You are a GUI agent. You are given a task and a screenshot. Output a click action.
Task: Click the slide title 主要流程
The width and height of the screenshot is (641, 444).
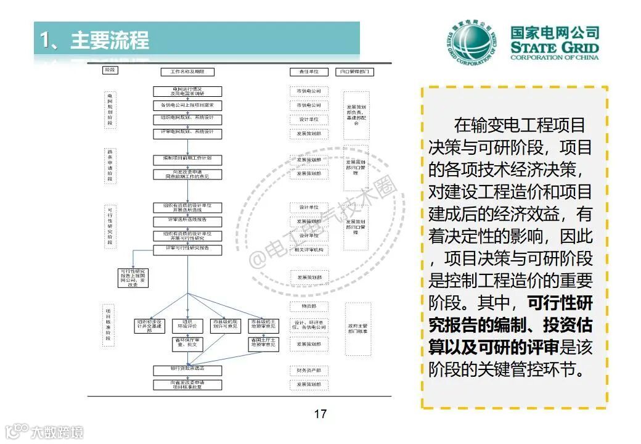109,40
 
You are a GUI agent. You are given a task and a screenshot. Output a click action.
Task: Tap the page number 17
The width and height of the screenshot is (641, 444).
320,414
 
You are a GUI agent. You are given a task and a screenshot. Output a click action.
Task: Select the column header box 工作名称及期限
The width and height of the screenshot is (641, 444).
187,72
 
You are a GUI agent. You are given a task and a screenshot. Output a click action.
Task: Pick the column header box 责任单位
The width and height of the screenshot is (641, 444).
309,72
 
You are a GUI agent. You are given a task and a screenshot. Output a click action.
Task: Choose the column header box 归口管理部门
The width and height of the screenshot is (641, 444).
356,72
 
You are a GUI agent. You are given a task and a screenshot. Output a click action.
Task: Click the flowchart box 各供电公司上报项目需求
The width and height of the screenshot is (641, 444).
187,105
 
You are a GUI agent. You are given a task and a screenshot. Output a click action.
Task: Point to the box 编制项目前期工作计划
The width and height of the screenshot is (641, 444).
187,159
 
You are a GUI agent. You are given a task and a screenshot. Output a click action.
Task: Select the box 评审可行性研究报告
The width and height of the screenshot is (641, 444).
187,249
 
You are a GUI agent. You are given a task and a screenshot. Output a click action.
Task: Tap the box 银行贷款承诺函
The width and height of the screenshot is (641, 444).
187,369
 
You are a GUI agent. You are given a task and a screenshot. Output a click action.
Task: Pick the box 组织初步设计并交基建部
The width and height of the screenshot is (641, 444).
150,326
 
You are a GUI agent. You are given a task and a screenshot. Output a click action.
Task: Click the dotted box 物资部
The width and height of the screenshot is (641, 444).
309,306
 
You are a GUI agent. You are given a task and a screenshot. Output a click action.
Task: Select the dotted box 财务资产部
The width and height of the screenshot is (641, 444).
309,371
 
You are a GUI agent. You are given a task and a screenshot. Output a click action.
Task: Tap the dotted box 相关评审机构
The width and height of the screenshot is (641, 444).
309,250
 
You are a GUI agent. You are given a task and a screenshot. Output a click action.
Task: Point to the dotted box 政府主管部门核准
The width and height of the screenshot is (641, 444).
357,329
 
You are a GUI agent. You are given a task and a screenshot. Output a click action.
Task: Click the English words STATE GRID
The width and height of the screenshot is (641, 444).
555,48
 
